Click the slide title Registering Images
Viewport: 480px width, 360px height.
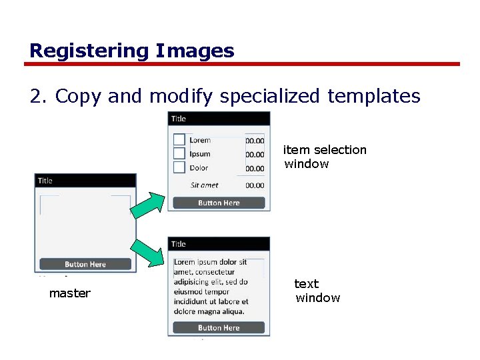coord(132,51)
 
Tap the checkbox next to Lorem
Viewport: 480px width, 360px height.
coord(179,139)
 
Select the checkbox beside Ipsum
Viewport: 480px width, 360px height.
coord(179,154)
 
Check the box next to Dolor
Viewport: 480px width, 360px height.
coord(179,168)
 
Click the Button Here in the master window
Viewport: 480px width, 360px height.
coord(85,264)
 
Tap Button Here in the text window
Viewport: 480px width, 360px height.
coord(219,327)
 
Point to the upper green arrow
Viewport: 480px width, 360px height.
coord(147,205)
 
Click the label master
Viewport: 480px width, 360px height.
coord(70,293)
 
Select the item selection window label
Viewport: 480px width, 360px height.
coord(325,157)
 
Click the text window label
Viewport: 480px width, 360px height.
coord(317,291)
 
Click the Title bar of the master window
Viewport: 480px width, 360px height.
coord(85,181)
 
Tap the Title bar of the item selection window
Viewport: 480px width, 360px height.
coord(219,119)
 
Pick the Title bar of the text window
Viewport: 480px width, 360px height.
coord(219,244)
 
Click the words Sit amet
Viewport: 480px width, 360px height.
coord(205,185)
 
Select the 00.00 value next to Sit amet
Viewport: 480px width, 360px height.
coord(255,185)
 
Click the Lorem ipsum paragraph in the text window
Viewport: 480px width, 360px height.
coord(211,287)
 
